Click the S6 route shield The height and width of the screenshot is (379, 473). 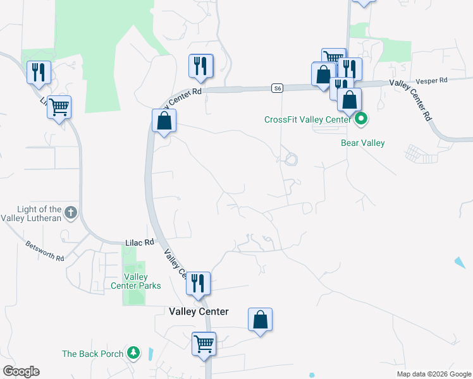277,88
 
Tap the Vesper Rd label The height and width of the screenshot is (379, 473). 432,81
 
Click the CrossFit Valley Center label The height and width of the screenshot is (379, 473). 307,119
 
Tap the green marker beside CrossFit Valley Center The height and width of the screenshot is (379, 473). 361,118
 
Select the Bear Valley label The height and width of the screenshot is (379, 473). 363,143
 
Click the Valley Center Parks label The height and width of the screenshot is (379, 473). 142,281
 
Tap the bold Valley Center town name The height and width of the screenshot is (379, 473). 199,311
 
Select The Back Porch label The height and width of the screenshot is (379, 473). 92,354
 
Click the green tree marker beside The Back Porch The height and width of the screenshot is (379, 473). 133,352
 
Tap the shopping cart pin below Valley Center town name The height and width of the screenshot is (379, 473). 204,345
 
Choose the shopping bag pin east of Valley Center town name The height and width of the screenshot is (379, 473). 261,320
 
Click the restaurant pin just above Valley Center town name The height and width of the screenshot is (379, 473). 199,284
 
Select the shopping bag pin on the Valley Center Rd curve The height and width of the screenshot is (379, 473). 164,121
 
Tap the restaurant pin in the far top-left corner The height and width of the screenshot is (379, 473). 39,72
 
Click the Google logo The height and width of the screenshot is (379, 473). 21,371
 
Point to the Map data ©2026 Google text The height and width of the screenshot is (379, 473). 433,374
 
